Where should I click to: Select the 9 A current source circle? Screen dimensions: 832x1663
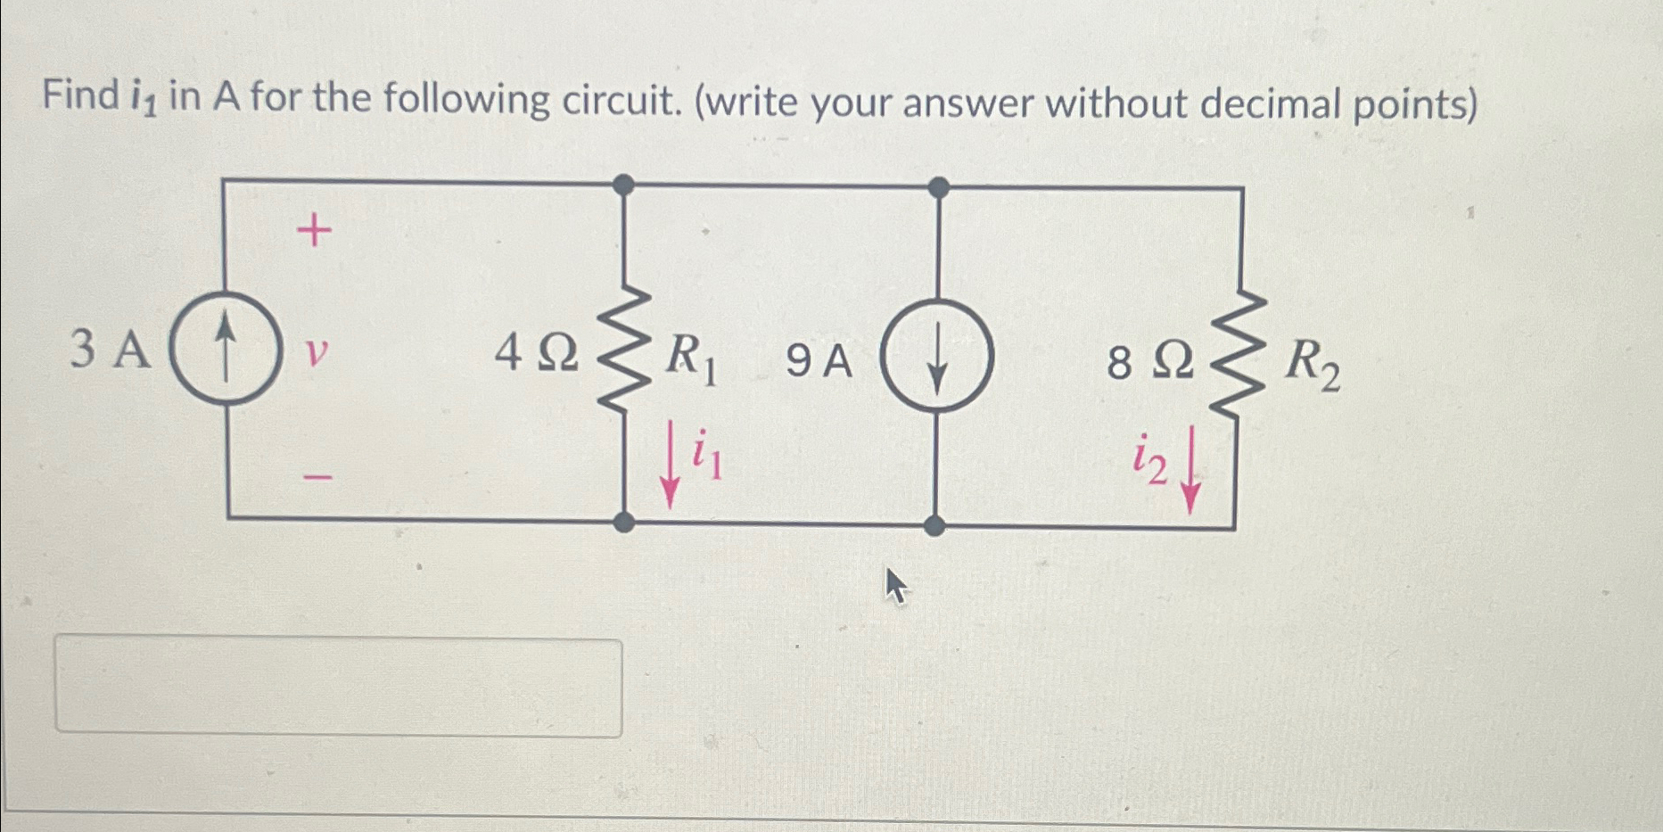(936, 356)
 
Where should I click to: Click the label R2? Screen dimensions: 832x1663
(1311, 364)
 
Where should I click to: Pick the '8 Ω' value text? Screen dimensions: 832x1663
(1149, 362)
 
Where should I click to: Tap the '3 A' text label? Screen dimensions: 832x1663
(110, 349)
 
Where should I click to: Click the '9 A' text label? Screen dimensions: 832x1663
(819, 361)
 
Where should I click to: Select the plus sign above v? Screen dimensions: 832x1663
(314, 233)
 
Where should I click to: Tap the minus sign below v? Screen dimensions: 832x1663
(317, 479)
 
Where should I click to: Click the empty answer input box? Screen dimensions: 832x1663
(339, 688)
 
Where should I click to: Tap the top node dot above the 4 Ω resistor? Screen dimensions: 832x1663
(624, 185)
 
